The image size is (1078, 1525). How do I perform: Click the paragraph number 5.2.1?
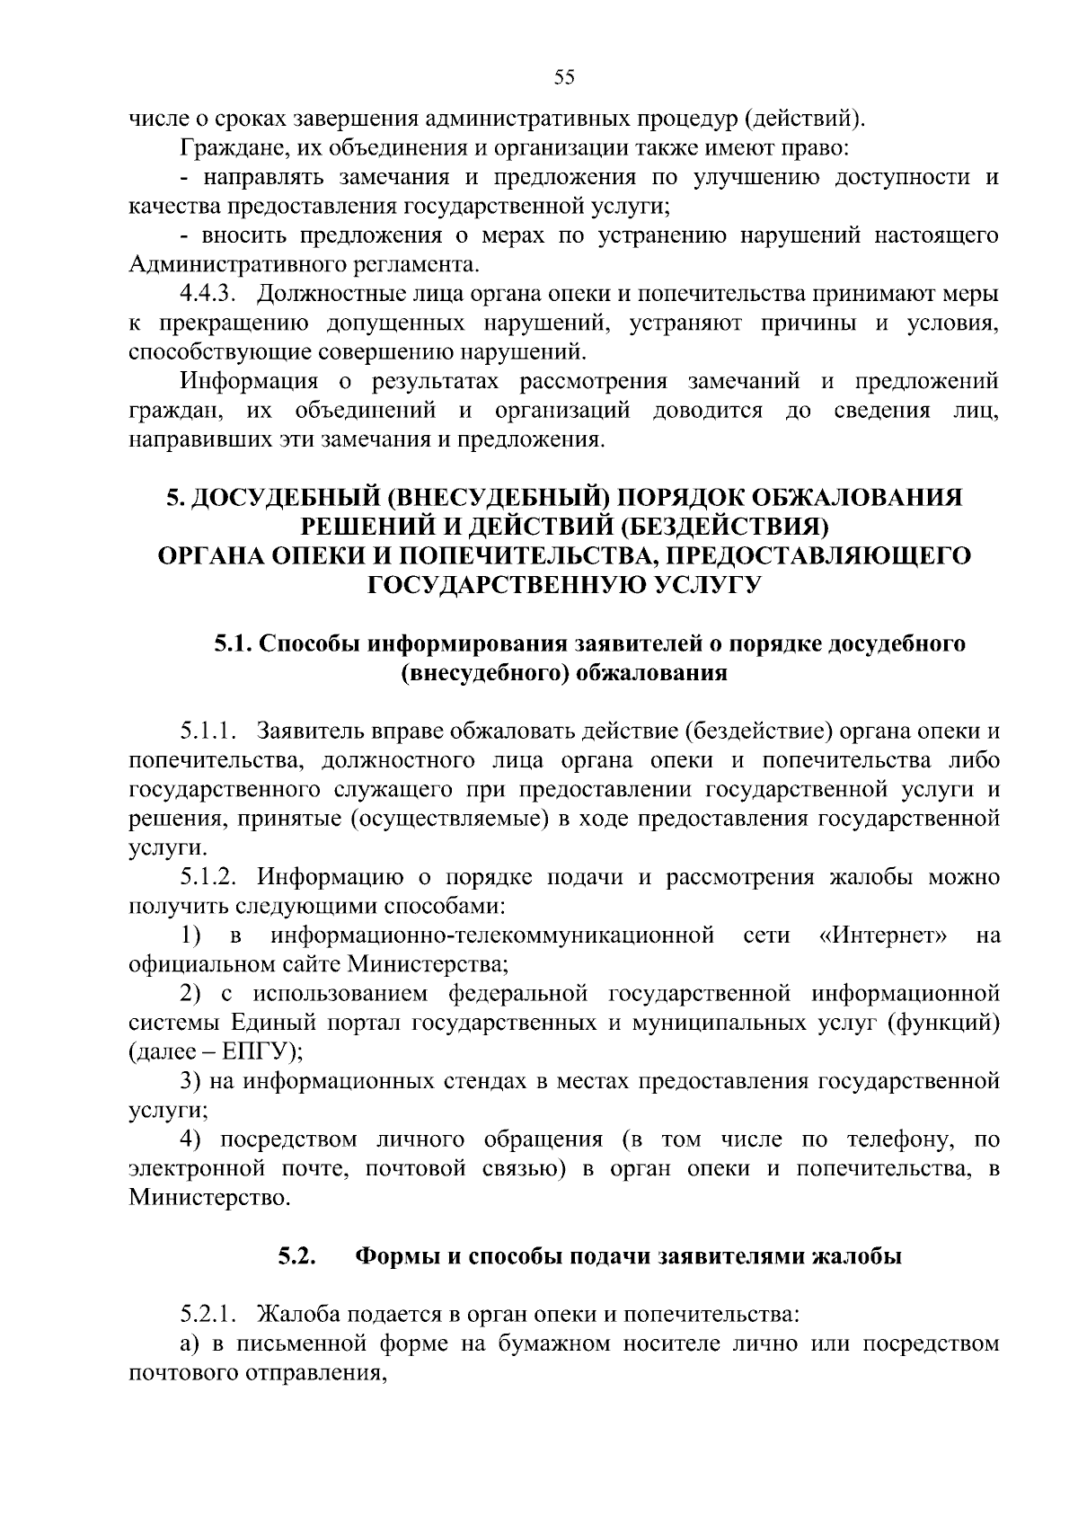pyautogui.click(x=207, y=1316)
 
